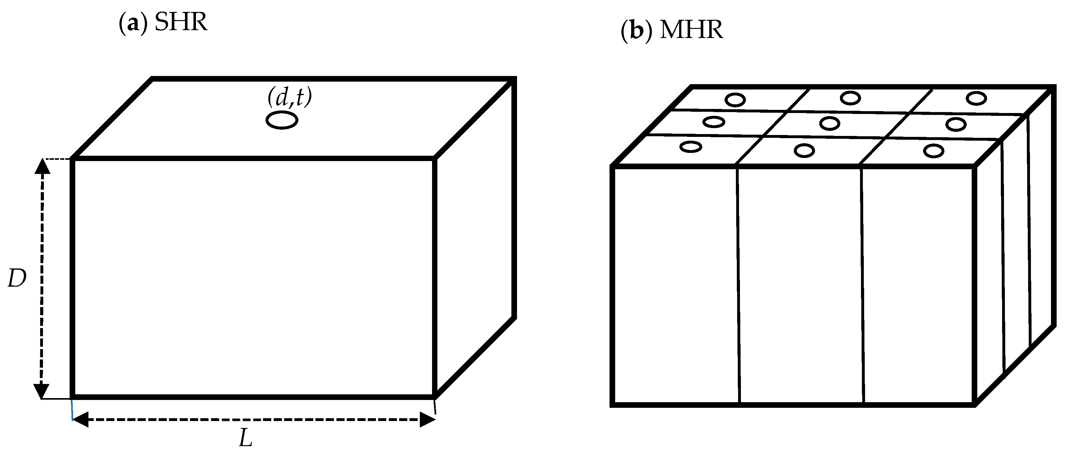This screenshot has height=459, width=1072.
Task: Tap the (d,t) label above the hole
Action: coord(290,97)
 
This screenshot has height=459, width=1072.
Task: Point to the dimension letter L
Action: coord(246,438)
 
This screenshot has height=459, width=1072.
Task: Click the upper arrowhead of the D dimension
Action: coord(42,166)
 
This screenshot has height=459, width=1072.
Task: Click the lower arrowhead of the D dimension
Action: coord(41,391)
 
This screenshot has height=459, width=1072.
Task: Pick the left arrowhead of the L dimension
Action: coord(81,419)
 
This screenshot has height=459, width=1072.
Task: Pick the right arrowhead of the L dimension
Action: coord(427,419)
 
